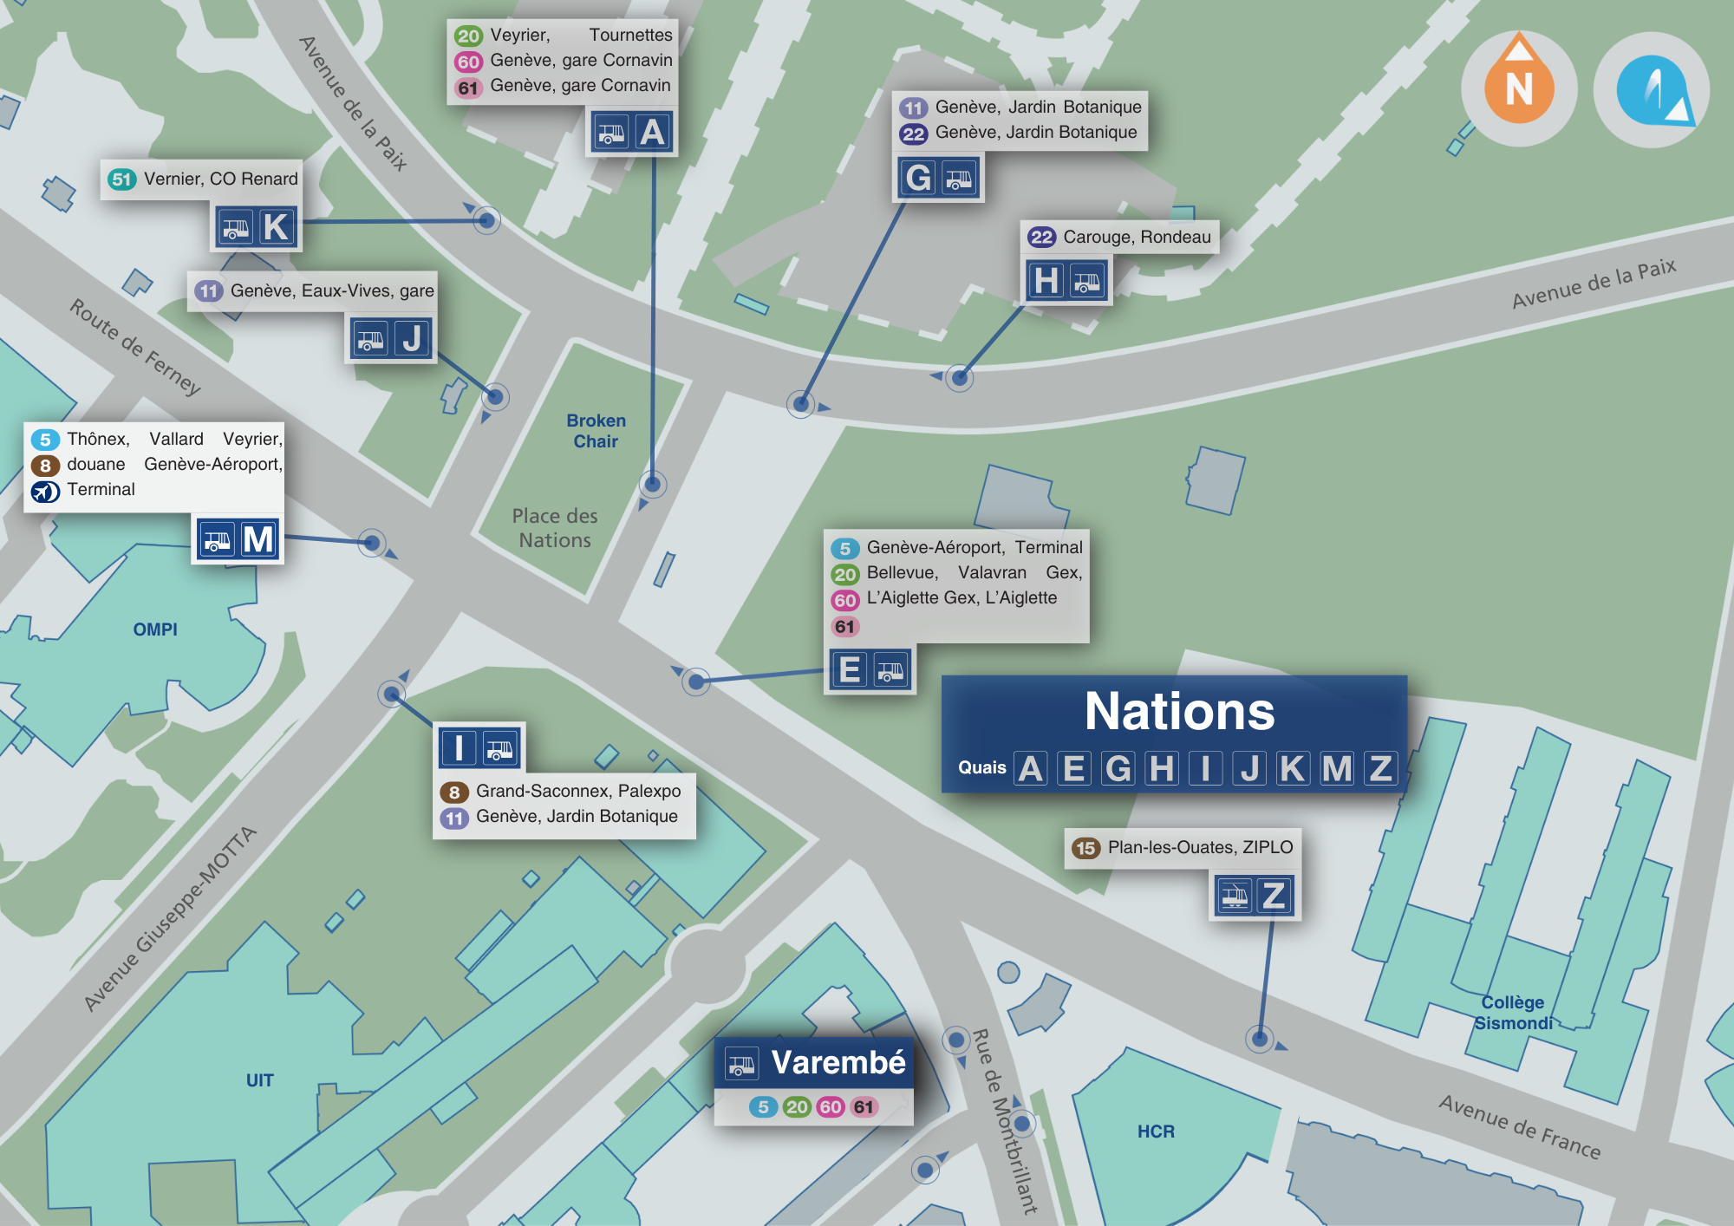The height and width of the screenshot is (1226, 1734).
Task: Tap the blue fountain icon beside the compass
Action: pos(1652,89)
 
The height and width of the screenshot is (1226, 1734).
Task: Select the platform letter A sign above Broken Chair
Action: pos(652,133)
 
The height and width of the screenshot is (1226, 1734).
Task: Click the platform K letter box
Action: pos(277,227)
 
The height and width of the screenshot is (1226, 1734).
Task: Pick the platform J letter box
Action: pos(413,338)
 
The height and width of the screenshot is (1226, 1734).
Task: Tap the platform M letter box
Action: pos(258,539)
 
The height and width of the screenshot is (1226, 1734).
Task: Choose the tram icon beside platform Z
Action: pos(1235,895)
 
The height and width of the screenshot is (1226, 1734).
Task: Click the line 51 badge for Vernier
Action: pos(121,179)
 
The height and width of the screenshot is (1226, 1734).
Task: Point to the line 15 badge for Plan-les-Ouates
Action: pos(1085,848)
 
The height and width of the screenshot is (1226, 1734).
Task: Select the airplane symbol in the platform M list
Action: pos(45,492)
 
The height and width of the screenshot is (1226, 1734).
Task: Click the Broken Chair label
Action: pos(596,431)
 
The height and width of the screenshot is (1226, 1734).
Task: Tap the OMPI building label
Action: pos(155,629)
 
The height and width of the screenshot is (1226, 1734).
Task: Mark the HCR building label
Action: pos(1156,1131)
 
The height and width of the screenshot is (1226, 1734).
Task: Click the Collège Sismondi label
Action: pos(1513,1013)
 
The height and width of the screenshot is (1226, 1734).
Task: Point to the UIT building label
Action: pos(259,1080)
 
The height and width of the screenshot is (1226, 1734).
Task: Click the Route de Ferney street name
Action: pos(134,347)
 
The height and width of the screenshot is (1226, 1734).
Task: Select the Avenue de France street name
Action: pos(1519,1126)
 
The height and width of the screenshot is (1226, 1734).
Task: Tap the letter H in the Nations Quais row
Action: pos(1162,768)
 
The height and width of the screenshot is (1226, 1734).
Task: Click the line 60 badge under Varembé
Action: pos(830,1107)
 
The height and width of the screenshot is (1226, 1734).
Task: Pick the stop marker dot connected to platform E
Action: pos(695,681)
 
